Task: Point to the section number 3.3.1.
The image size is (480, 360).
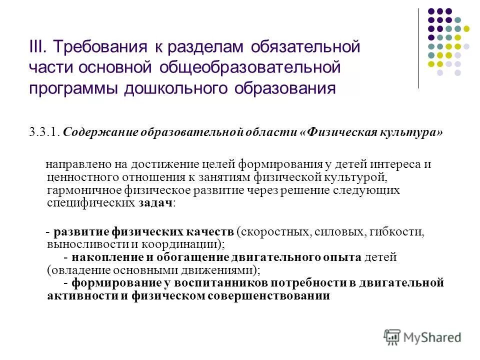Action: tap(44, 132)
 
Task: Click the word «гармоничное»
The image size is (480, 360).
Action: tap(75, 190)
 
